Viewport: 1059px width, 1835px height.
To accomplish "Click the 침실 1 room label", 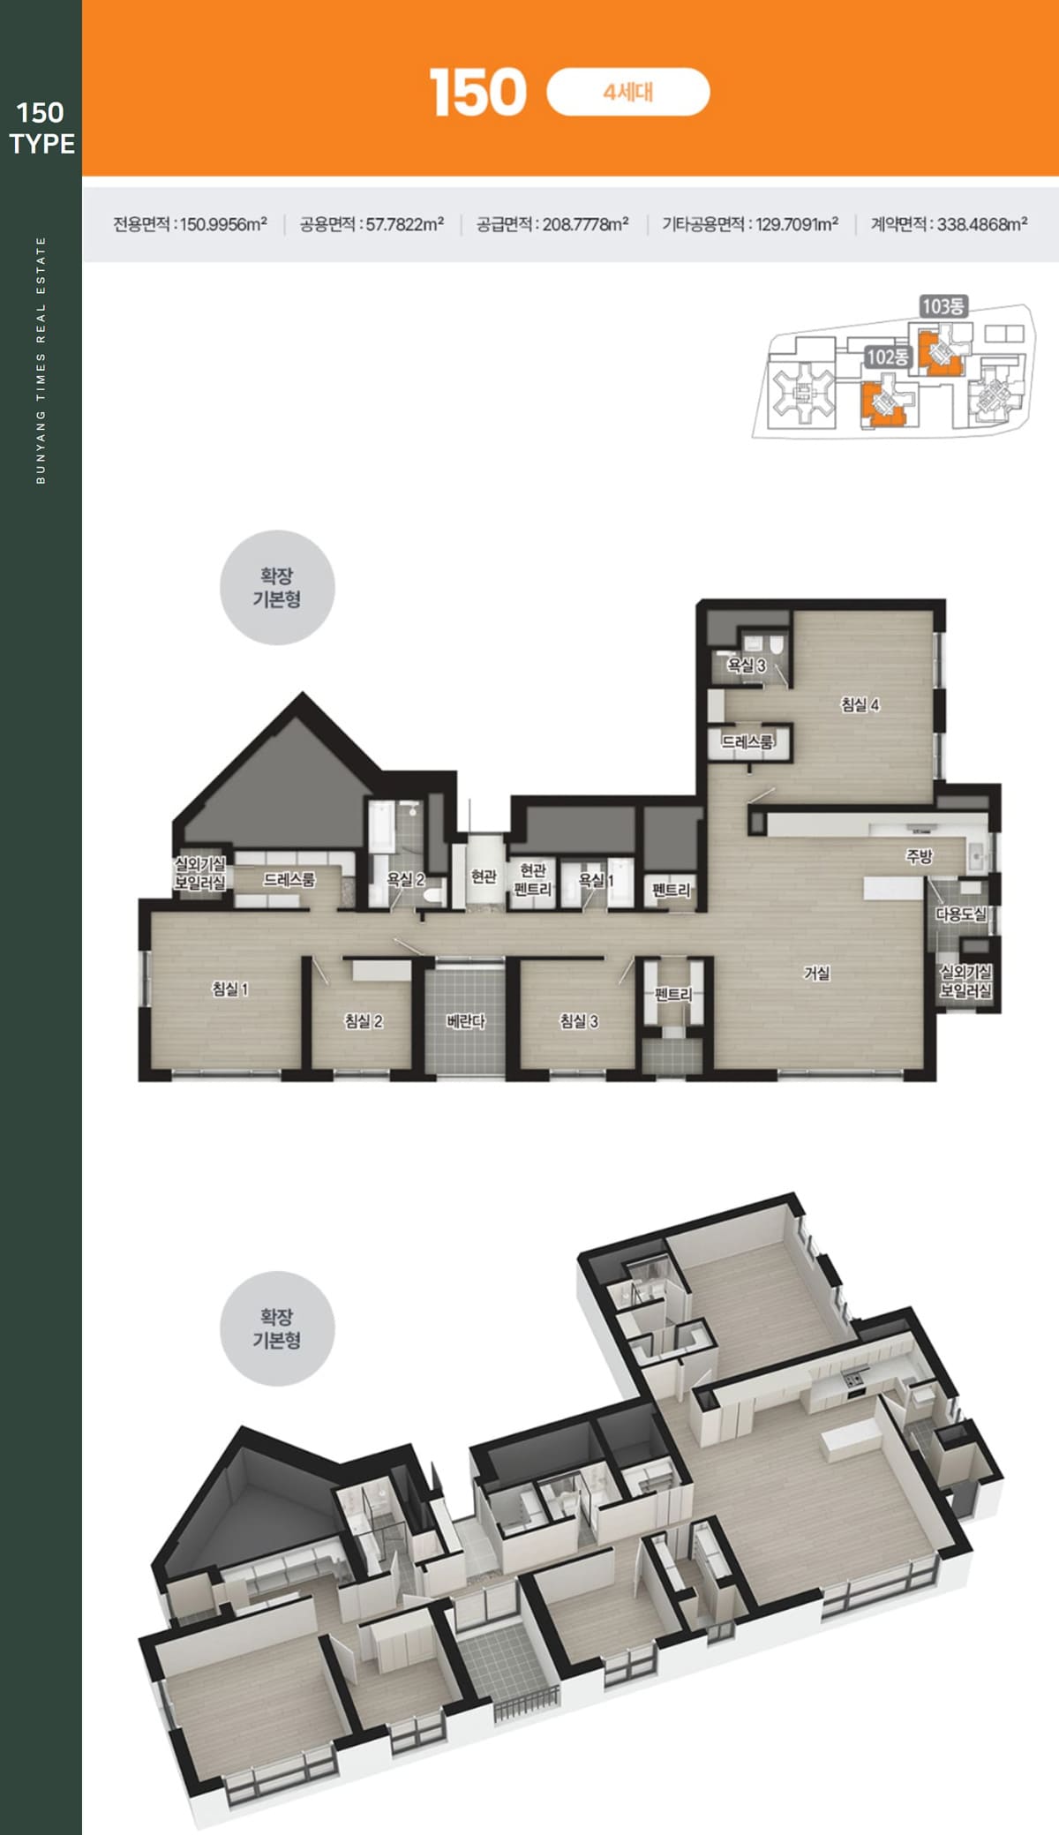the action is (230, 989).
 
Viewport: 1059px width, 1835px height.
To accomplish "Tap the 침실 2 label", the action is (364, 1021).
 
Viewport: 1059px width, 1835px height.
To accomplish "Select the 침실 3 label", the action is (579, 1021).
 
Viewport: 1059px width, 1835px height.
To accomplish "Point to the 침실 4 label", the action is (860, 704).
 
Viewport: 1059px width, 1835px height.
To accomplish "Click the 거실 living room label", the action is (816, 973).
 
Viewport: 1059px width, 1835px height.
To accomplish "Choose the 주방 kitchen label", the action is (919, 855).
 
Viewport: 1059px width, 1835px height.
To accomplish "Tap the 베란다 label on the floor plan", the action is (466, 1021).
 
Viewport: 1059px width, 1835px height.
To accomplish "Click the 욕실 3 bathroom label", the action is (747, 666).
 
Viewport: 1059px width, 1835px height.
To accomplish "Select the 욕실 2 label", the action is (406, 879).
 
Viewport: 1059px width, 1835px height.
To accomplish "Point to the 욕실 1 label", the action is (596, 880).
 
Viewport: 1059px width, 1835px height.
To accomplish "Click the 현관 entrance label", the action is (484, 876).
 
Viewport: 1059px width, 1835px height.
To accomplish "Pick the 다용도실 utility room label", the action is (962, 914).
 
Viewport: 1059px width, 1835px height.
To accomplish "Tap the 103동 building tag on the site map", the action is (943, 306).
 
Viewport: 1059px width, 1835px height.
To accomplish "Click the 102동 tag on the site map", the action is (887, 357).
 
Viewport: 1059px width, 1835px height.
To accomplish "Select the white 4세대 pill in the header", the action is (628, 92).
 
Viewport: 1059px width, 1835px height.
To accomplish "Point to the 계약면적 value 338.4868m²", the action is (982, 224).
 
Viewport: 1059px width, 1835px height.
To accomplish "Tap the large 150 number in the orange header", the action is (478, 93).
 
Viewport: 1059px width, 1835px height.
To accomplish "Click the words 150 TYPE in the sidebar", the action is (41, 128).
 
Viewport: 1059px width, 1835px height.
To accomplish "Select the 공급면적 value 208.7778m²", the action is (585, 224).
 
